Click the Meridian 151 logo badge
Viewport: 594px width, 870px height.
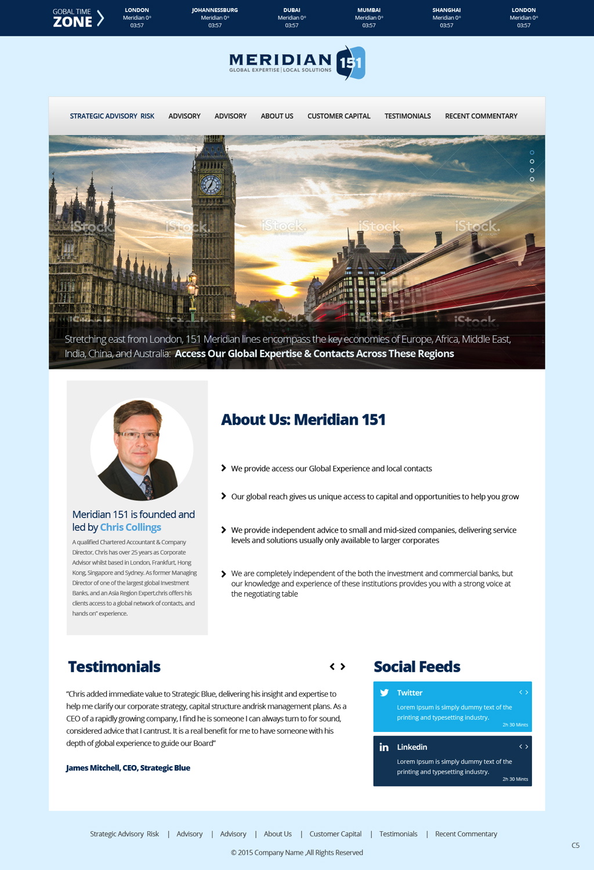350,63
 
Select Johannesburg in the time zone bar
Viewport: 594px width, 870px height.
215,17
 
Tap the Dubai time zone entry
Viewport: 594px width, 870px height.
292,17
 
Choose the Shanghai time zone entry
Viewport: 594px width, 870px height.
446,17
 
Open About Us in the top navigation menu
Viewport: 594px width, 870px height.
277,116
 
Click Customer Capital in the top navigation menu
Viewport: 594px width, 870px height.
339,116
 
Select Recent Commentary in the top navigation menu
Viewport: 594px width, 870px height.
481,116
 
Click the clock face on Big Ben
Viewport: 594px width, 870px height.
211,184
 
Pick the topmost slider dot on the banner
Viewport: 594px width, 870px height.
532,153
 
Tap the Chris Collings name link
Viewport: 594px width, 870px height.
131,527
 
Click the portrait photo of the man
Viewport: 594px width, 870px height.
142,449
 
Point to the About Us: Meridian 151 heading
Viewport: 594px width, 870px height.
303,419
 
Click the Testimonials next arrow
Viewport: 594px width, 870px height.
343,666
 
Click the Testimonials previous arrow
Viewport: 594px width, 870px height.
332,666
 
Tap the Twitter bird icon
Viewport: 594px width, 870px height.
384,693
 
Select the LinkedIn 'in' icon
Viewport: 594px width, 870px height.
384,747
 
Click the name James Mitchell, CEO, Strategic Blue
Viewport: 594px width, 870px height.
128,767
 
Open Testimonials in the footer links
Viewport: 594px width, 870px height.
398,833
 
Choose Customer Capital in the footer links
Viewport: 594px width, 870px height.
335,833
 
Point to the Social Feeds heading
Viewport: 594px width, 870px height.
416,666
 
